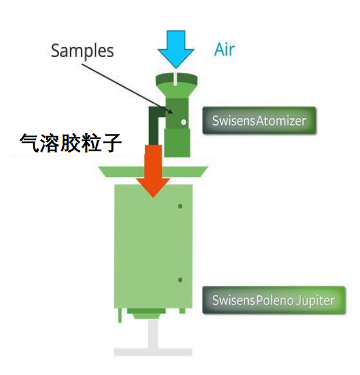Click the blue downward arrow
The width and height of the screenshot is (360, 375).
[176, 48]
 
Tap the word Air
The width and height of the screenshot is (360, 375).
[224, 49]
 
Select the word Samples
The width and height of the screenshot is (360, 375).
[82, 50]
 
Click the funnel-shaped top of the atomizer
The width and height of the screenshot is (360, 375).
[176, 81]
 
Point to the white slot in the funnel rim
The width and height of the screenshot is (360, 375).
[176, 77]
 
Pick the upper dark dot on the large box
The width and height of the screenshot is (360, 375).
[180, 207]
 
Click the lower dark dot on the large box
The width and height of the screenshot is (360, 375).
[180, 280]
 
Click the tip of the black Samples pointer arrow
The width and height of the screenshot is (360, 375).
[175, 112]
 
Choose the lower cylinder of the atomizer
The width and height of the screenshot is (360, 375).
[176, 141]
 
